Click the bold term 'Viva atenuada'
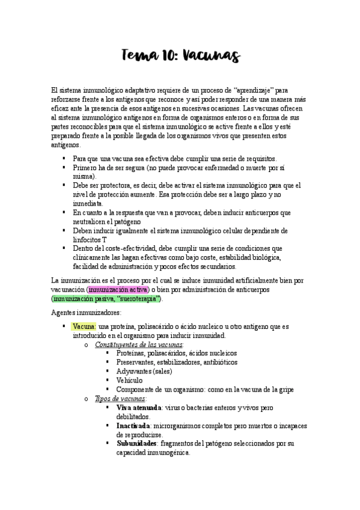point(139,408)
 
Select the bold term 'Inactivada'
point(133,426)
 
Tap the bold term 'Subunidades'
point(136,443)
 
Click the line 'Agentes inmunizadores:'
point(87,312)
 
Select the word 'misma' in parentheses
point(82,177)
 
